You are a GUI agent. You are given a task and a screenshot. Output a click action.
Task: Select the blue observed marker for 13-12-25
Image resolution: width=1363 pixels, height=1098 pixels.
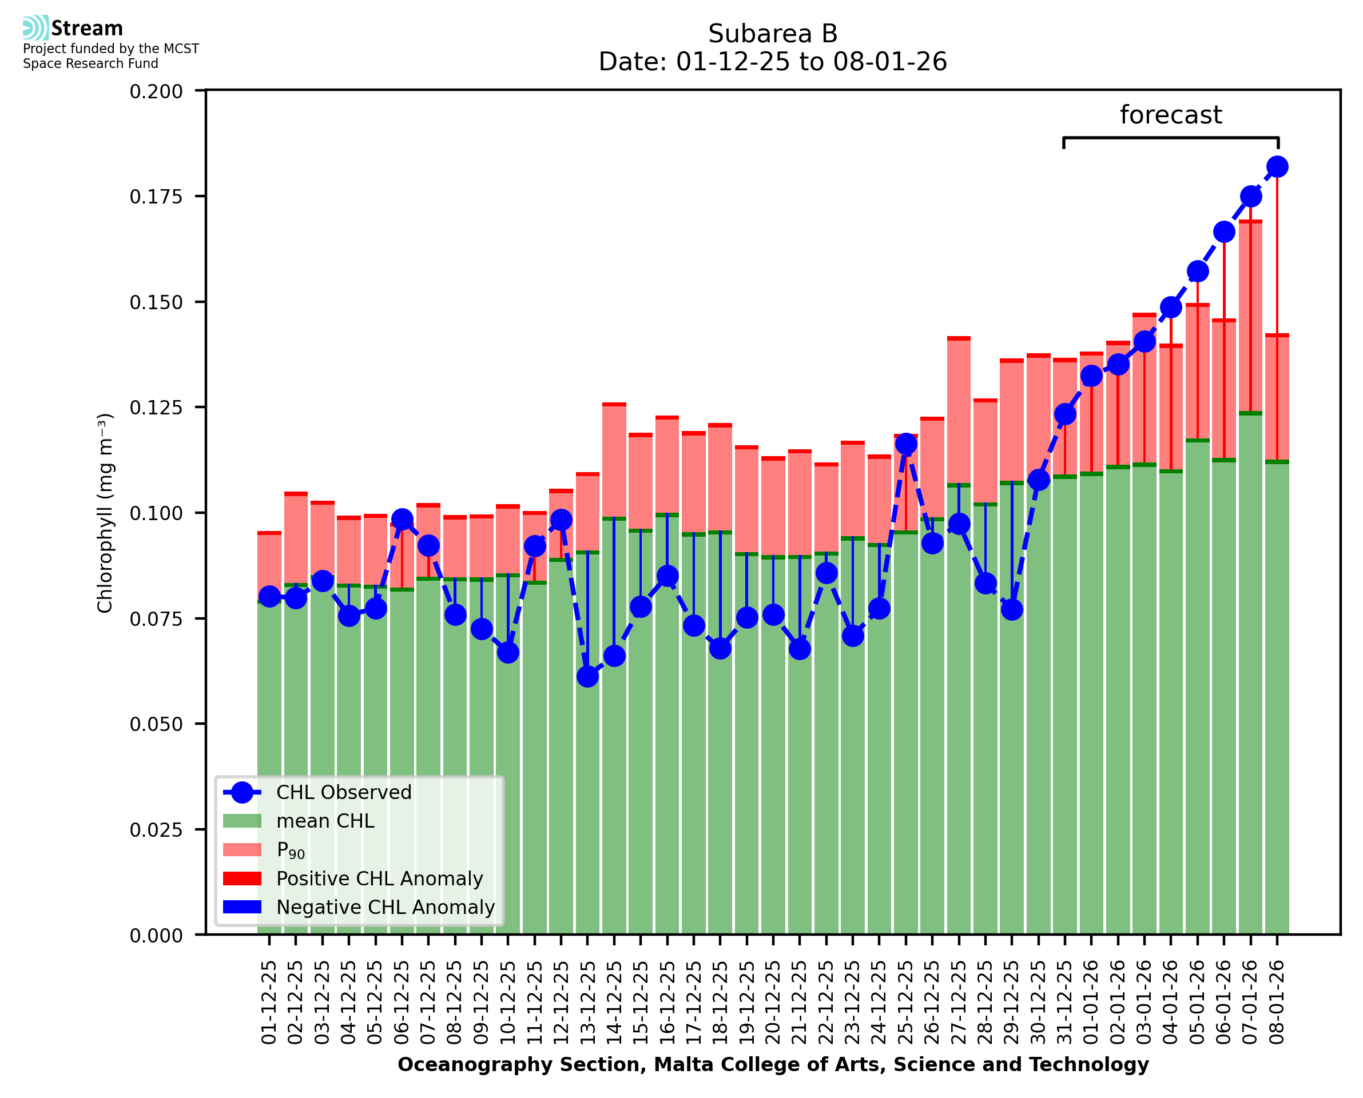tap(587, 677)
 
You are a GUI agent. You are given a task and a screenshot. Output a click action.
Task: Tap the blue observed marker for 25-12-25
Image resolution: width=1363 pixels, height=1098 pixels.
tap(905, 444)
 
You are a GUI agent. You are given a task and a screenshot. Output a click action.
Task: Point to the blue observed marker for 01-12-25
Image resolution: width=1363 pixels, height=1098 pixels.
tap(269, 596)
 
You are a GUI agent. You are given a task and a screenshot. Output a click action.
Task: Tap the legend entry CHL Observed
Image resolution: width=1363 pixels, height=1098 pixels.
tap(344, 793)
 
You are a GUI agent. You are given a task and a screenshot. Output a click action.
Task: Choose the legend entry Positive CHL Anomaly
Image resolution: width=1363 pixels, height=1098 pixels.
tap(379, 879)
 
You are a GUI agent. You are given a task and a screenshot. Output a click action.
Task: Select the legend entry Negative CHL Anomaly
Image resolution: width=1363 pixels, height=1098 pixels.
tap(385, 907)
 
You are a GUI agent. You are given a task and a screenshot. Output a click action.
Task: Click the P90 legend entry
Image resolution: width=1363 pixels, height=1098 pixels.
tap(291, 850)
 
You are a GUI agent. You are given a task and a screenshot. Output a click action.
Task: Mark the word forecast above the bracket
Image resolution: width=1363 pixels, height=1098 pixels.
tap(1171, 115)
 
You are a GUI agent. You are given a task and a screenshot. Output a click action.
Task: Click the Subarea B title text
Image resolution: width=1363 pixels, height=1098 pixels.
tap(773, 34)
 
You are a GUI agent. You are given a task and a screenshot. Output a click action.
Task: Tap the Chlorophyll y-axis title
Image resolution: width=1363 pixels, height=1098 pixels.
tap(105, 513)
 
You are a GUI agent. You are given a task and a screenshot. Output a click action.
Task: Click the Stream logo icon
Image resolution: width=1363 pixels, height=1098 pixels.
tap(35, 28)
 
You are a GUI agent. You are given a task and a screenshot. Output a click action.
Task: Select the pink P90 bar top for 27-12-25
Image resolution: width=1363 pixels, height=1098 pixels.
tap(959, 339)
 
